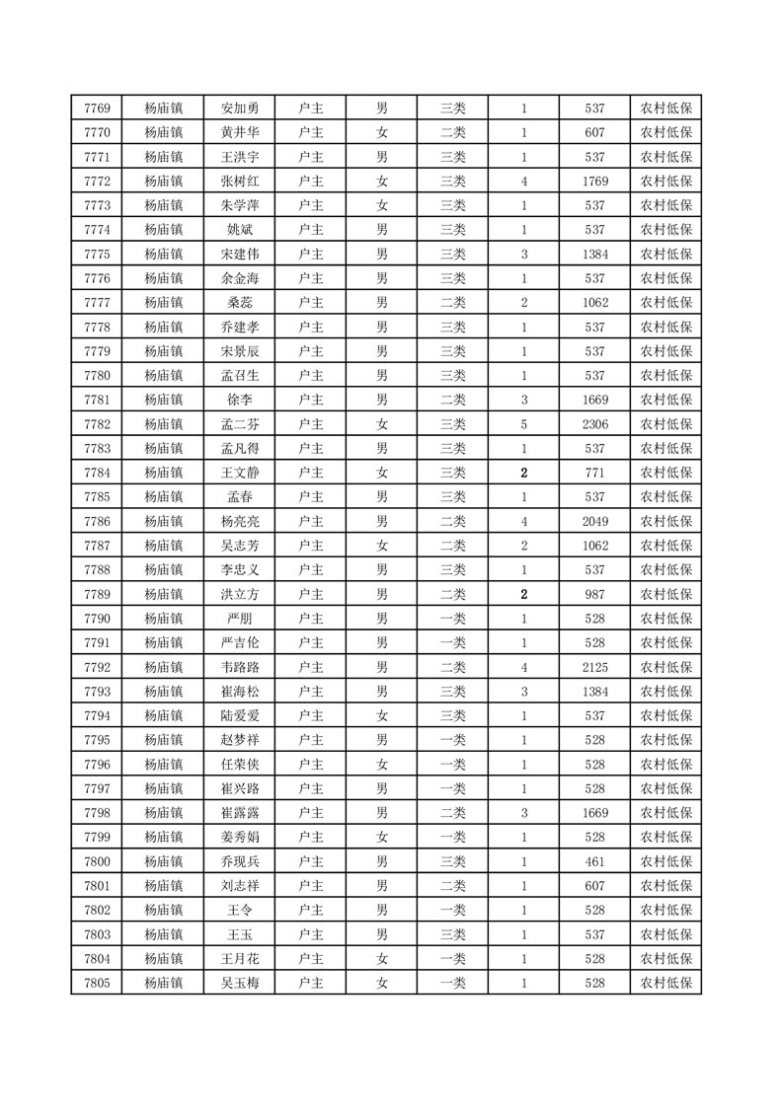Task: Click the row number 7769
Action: pos(97,109)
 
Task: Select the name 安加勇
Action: pos(240,109)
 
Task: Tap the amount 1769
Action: pos(594,182)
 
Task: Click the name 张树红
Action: pos(240,182)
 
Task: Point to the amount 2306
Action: pos(594,424)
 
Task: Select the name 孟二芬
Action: pos(240,424)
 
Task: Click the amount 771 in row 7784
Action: pos(594,473)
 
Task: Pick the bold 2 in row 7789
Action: pos(523,594)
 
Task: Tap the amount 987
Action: pos(594,594)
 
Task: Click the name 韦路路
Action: pos(240,667)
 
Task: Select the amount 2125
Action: pos(594,667)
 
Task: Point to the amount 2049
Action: pos(594,521)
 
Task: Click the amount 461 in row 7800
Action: pos(594,861)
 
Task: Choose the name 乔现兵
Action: pos(240,861)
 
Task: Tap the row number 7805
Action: pos(97,983)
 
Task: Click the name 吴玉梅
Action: pos(240,983)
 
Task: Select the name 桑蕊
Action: pos(240,303)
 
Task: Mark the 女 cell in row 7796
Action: pos(381,764)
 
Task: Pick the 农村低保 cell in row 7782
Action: pos(666,424)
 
